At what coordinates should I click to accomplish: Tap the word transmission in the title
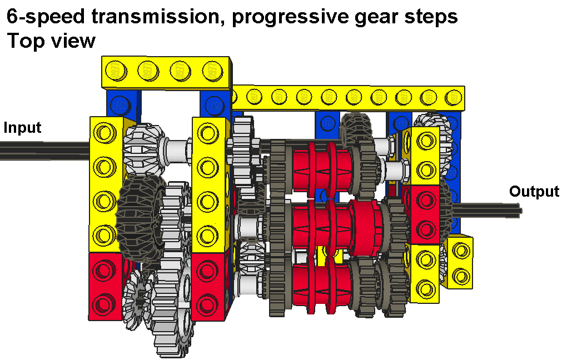pos(156,16)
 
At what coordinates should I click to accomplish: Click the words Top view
pos(51,41)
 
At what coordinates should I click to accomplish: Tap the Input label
pos(22,128)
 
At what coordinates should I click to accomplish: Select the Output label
pos(534,192)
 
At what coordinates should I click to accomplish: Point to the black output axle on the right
pos(486,210)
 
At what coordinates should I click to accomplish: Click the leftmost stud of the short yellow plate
pos(116,71)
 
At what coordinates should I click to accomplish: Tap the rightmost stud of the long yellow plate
pos(454,97)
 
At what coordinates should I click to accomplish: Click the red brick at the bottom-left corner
pos(105,286)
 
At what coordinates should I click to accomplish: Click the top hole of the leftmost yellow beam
pos(105,133)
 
